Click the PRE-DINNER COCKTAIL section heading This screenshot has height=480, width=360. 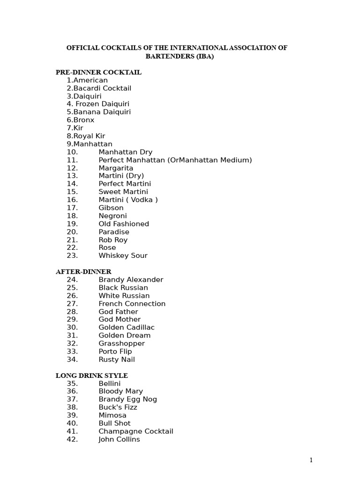(98, 72)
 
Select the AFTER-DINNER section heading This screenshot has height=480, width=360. (83, 271)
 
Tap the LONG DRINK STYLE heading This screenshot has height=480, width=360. (92, 375)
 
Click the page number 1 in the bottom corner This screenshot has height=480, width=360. (311, 460)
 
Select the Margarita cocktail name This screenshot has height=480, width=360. (116, 168)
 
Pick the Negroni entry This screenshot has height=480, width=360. (112, 216)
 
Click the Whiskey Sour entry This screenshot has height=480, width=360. (123, 255)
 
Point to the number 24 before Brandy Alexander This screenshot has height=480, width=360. (72, 280)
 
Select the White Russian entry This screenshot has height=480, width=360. (124, 296)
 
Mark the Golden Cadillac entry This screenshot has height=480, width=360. (126, 327)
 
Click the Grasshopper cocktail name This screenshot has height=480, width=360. (121, 344)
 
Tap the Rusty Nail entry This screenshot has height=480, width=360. (116, 360)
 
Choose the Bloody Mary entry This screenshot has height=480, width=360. (120, 391)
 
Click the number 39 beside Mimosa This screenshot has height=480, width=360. (72, 415)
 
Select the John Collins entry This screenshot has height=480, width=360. (119, 439)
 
